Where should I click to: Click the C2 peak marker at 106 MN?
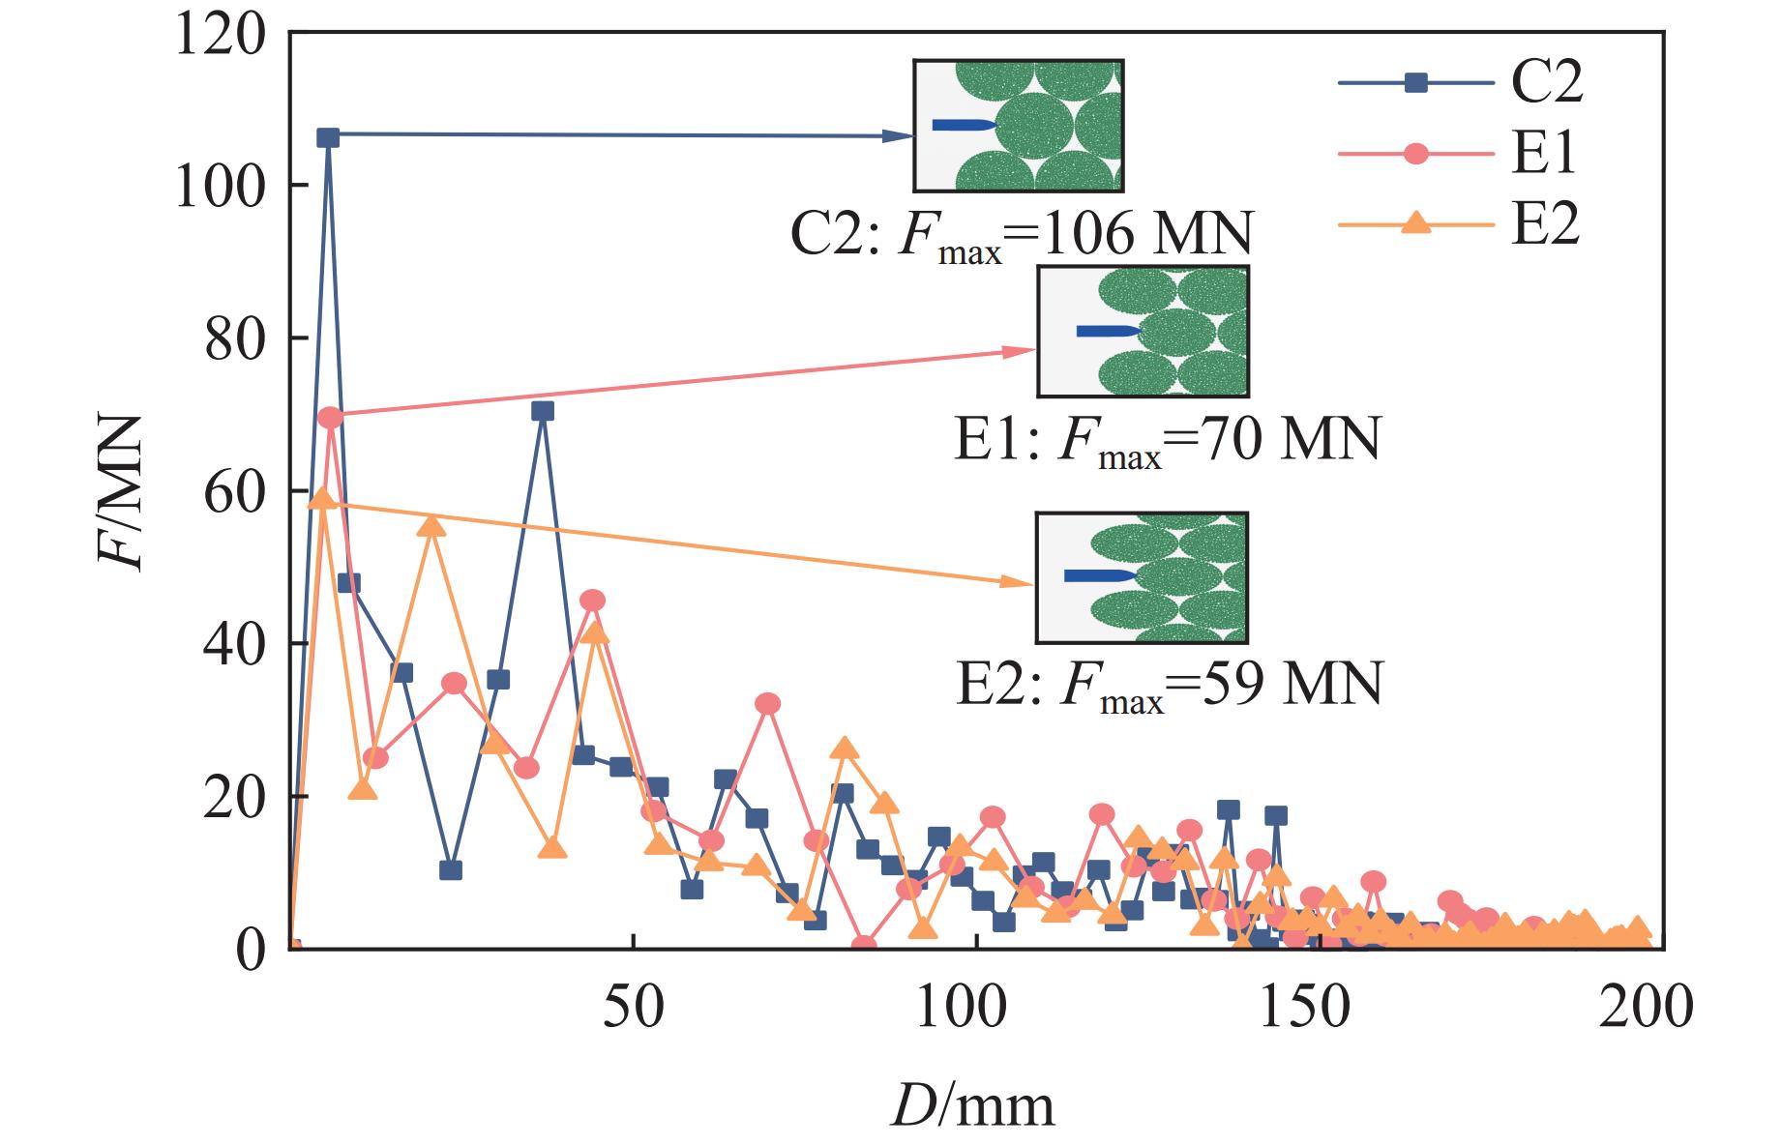328,137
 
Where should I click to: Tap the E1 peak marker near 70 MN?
330,418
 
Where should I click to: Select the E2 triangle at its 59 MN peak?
323,499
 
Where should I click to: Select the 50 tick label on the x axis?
634,1007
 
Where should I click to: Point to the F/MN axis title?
120,493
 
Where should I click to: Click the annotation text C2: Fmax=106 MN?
1021,234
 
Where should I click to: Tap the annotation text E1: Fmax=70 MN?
1167,440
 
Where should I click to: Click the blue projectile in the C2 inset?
963,125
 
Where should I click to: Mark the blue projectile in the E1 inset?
1109,331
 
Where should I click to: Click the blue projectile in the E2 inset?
1098,575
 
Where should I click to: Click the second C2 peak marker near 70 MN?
543,411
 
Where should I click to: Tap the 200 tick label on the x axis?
1646,1007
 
